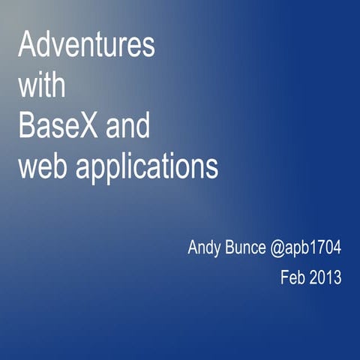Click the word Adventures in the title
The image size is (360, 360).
pos(86,46)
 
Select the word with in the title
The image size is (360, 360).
pos(42,86)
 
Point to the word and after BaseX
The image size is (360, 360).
pos(127,126)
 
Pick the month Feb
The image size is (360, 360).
pos(292,277)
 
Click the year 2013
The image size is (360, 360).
pos(326,277)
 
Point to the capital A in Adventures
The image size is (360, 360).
pos(26,46)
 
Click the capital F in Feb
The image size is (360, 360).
pos(284,277)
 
